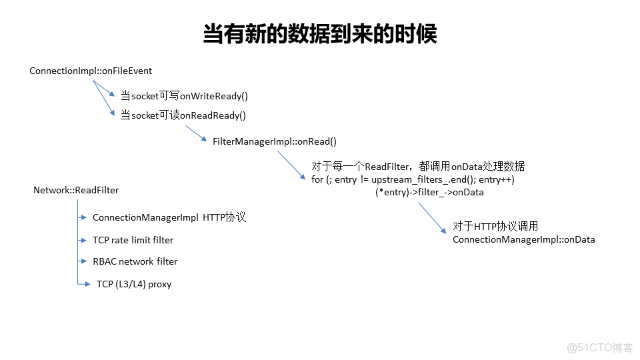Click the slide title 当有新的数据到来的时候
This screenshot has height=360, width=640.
pyautogui.click(x=319, y=34)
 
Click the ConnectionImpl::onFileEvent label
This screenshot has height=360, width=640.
pyautogui.click(x=91, y=71)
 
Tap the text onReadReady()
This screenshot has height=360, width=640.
pyautogui.click(x=213, y=115)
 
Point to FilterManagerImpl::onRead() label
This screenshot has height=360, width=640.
pyautogui.click(x=275, y=141)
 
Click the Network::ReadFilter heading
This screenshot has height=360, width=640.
pyautogui.click(x=76, y=190)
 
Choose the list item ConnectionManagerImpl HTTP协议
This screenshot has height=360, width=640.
pyautogui.click(x=169, y=217)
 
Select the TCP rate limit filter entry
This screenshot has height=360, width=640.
pyautogui.click(x=133, y=240)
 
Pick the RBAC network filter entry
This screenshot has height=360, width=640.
pyautogui.click(x=135, y=261)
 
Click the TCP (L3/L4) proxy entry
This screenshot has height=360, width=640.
pyautogui.click(x=133, y=284)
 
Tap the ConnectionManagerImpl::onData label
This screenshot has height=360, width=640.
pyautogui.click(x=523, y=239)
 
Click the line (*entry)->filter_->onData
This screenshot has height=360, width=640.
pyautogui.click(x=429, y=192)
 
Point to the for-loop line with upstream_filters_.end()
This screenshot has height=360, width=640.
pyautogui.click(x=413, y=180)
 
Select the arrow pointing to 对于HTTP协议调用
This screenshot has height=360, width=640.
pyautogui.click(x=432, y=217)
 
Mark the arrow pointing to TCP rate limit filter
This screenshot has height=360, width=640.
pyautogui.click(x=83, y=240)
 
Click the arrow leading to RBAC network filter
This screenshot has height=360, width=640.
pyautogui.click(x=83, y=261)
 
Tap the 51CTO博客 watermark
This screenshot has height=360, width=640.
pyautogui.click(x=599, y=347)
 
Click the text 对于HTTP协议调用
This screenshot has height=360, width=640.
pyautogui.click(x=495, y=226)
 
